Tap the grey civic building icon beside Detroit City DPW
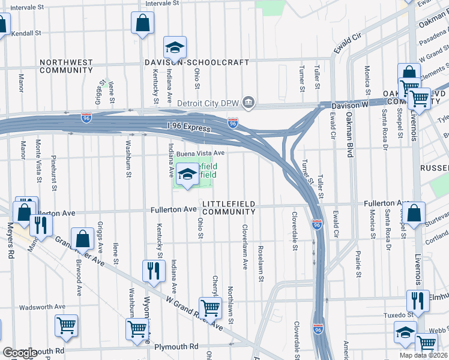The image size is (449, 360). click(248, 104)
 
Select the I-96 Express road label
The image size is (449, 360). click(189, 128)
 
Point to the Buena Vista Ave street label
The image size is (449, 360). click(200, 153)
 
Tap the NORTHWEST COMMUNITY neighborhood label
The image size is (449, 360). click(66, 66)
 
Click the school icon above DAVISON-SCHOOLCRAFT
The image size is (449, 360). click(175, 47)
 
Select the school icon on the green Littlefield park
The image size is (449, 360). click(188, 175)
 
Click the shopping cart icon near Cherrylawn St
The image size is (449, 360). click(210, 307)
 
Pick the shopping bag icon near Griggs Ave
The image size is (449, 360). click(82, 239)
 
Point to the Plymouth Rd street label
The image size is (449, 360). click(176, 347)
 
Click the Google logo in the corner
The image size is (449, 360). click(19, 353)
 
